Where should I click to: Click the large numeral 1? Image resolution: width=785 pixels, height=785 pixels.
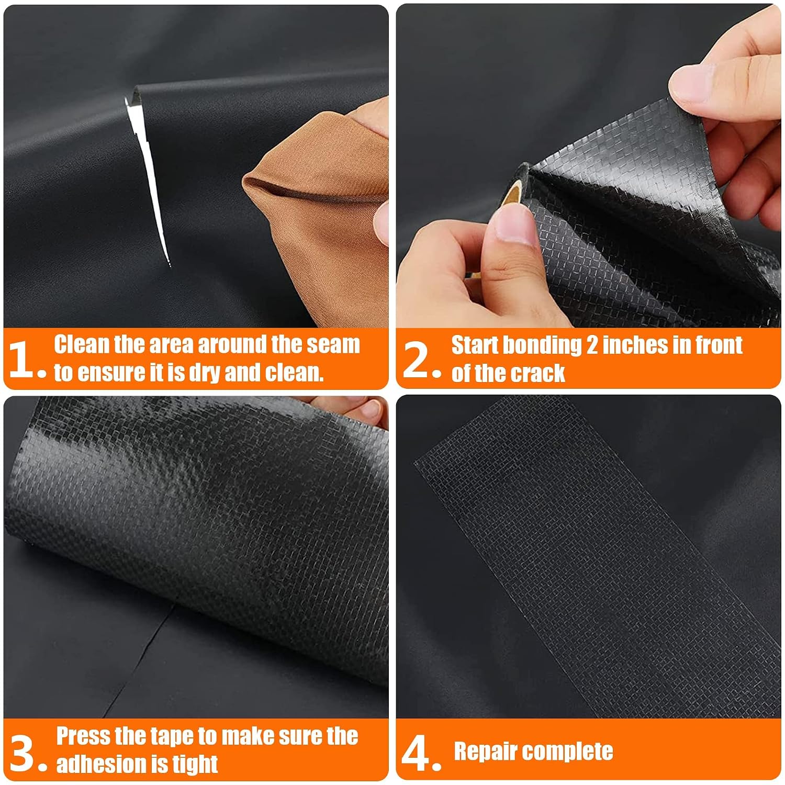coord(23,359)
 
